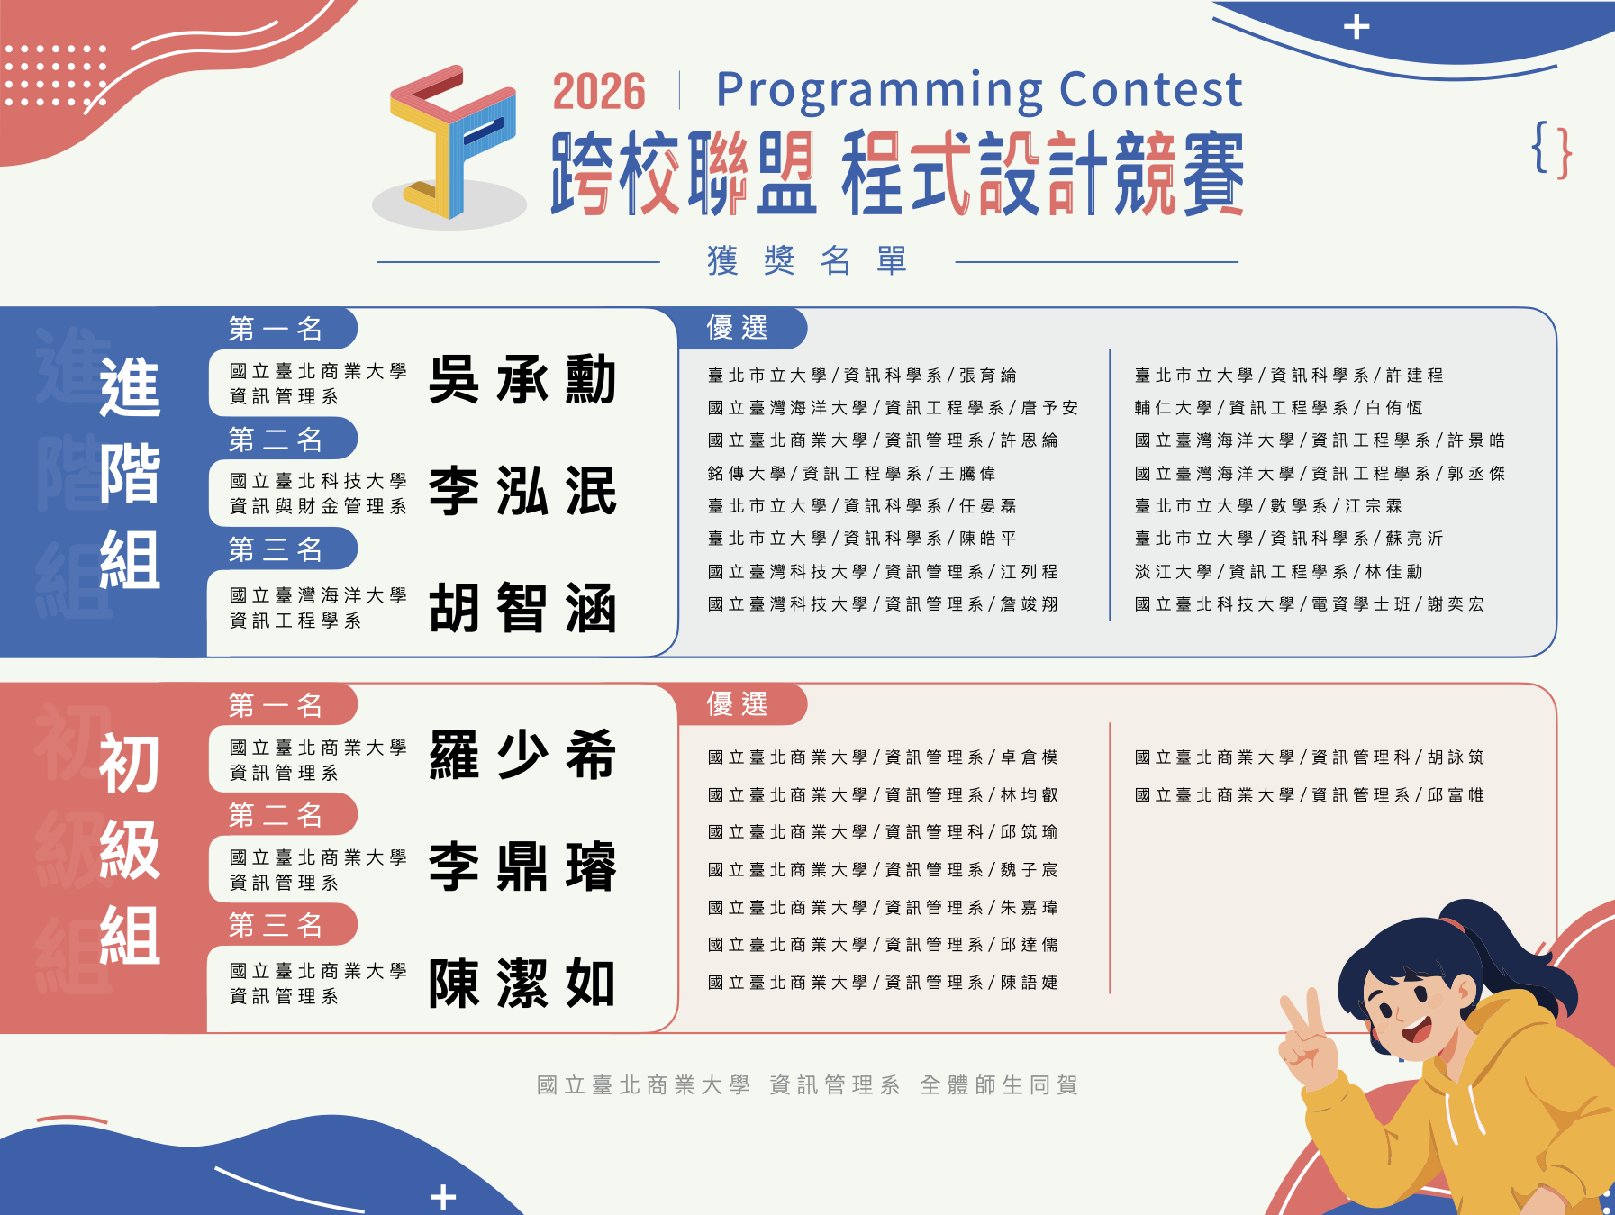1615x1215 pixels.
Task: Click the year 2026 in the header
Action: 599,92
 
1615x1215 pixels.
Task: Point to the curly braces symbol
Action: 1552,150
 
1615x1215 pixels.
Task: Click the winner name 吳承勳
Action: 522,379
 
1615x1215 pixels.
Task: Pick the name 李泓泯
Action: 522,491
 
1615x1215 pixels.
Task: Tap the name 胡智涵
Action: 522,608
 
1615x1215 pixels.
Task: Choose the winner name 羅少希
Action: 522,755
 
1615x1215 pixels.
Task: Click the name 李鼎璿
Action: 522,866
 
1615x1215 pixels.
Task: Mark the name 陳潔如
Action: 522,983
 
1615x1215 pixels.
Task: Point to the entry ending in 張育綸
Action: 862,376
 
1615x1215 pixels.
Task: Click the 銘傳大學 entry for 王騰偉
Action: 851,474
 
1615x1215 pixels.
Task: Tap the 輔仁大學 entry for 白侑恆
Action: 1278,408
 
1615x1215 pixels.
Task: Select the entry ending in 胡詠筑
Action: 1309,757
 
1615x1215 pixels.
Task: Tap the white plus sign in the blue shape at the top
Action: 1356,27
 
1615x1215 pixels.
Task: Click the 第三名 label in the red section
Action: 276,926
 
